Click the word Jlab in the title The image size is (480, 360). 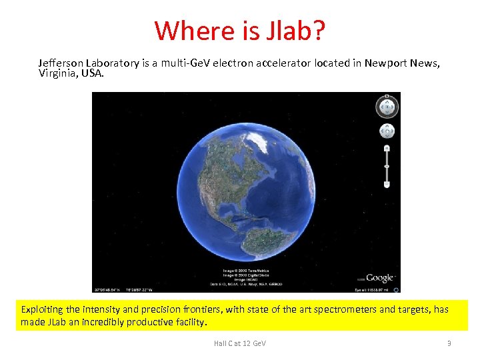coord(292,30)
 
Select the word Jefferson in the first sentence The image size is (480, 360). coord(62,63)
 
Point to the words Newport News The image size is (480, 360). coord(402,63)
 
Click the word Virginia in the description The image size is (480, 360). coord(57,73)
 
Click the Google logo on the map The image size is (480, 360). coord(379,278)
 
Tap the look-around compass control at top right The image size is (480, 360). coord(387,107)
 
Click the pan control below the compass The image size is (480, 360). coord(387,131)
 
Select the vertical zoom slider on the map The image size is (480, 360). coord(387,165)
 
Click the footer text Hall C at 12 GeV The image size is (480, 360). coord(239,343)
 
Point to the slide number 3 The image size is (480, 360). coord(449,343)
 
